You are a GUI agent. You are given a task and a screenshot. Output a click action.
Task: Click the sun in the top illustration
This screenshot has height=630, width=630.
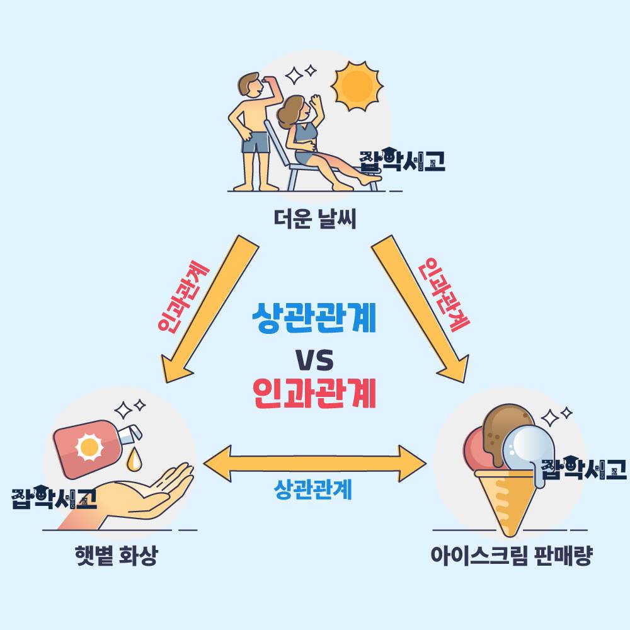coord(357,86)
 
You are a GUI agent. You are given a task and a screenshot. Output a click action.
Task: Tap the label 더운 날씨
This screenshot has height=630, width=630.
coord(315,219)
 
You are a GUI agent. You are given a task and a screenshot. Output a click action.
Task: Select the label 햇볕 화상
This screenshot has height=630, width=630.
coord(117,556)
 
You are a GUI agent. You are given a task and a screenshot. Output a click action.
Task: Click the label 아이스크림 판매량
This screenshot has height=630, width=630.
coord(512,556)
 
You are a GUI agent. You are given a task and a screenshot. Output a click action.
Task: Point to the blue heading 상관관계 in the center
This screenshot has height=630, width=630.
coord(314,318)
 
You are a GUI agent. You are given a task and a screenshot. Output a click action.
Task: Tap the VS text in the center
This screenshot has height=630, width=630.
coord(314,360)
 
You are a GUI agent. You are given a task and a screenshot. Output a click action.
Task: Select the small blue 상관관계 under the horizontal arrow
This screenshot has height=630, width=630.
coord(312,490)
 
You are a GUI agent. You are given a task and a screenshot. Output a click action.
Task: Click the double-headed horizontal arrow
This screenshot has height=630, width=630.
coord(314,463)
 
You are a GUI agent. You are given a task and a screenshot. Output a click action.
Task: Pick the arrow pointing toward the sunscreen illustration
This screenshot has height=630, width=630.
coord(209,309)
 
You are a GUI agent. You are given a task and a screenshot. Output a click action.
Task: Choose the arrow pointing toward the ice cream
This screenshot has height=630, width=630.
coord(420,309)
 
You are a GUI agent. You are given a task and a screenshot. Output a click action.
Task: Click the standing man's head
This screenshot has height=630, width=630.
coord(250,85)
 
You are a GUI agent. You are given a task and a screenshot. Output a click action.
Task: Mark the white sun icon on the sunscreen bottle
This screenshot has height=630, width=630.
coord(89,447)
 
